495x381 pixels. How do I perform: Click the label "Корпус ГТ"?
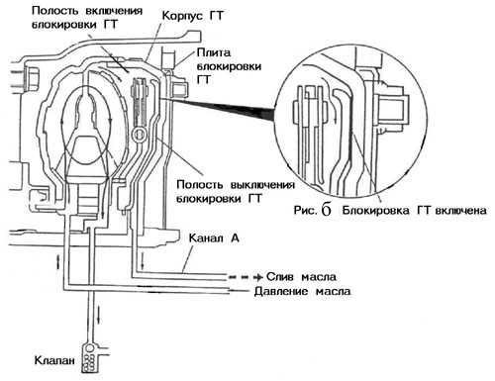[193, 16]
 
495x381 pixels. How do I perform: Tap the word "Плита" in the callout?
[214, 52]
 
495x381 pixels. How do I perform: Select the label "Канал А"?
[214, 238]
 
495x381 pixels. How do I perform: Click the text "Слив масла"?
[301, 276]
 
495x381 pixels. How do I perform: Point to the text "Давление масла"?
[302, 291]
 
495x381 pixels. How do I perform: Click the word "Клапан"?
[54, 360]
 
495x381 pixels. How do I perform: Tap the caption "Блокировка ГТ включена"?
[414, 210]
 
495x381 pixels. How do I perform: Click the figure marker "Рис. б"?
[312, 210]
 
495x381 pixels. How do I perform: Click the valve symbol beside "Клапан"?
[90, 358]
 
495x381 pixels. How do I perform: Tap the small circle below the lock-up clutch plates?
[139, 135]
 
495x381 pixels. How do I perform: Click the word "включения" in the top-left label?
[114, 11]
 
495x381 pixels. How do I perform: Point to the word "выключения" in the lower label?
[262, 184]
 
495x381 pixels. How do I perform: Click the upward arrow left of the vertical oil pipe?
[59, 261]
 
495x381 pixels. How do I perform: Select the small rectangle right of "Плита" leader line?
[180, 88]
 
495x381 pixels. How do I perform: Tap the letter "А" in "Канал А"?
[235, 238]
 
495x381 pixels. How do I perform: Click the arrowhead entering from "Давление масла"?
[233, 291]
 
